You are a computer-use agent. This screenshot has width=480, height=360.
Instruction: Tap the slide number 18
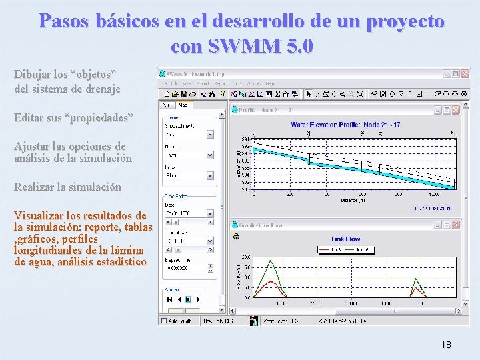click(x=446, y=345)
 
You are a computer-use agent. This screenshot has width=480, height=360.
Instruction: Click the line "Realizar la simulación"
click(x=67, y=187)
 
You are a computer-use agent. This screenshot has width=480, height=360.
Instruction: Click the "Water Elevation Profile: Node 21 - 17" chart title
click(x=345, y=125)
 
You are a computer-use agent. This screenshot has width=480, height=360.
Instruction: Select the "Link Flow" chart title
click(x=345, y=239)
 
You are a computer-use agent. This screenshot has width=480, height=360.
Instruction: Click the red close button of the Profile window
click(x=455, y=110)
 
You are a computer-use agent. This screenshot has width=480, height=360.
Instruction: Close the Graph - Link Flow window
click(x=455, y=225)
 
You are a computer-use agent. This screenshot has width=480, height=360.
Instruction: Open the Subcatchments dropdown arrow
click(x=210, y=133)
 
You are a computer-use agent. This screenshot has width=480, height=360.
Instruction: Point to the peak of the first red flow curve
click(x=268, y=281)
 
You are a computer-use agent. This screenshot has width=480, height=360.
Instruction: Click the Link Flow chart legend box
click(x=345, y=249)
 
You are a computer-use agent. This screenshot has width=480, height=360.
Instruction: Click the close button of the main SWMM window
click(x=465, y=74)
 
